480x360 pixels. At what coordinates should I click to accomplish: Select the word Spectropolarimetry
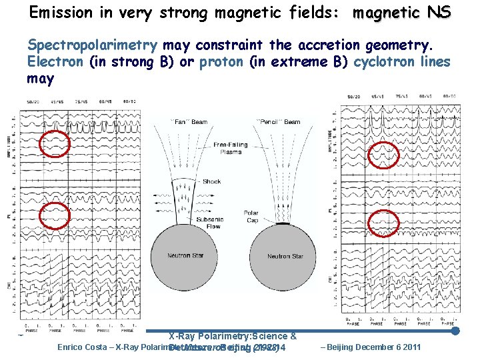(92, 46)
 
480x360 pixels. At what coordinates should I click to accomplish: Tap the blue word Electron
(55, 62)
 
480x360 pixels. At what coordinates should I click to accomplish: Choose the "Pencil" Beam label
(279, 122)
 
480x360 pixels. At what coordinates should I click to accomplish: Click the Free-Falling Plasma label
(231, 148)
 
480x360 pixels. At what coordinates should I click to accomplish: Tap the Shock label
(211, 181)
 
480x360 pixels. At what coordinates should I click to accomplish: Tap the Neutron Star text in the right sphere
(285, 257)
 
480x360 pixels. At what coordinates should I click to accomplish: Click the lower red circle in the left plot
(55, 215)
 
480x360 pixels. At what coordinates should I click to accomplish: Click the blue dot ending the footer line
(455, 331)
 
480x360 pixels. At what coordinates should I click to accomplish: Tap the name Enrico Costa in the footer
(83, 347)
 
